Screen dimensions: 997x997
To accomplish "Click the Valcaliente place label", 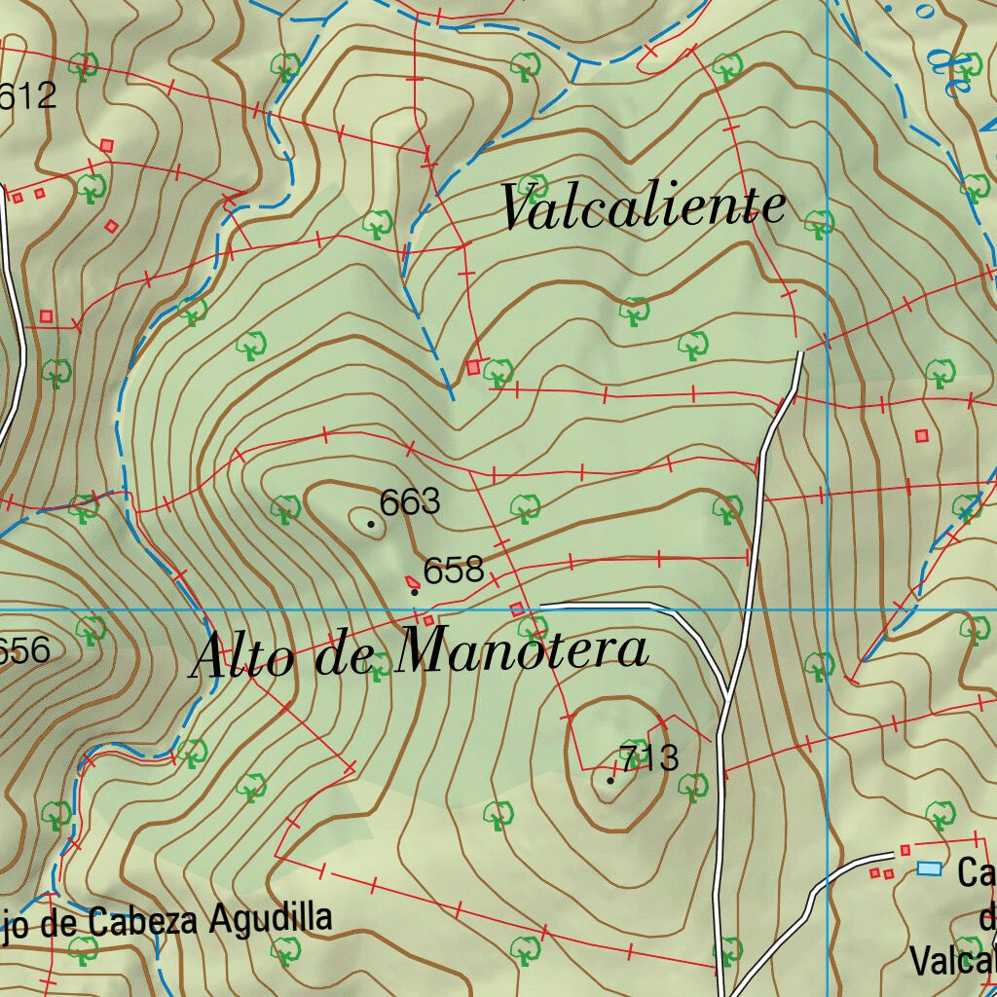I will (643, 206).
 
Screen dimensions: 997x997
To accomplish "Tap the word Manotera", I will (525, 650).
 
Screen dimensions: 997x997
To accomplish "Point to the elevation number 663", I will (410, 502).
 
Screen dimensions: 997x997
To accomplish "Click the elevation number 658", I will (454, 570).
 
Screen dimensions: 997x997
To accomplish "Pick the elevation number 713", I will (649, 757).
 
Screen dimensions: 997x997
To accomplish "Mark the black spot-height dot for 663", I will (371, 524).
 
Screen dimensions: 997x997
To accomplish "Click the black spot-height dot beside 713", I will (610, 780).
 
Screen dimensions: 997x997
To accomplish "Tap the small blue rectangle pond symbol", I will (930, 868).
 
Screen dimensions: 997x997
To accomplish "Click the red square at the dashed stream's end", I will (474, 367).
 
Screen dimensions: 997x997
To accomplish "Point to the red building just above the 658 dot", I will (412, 581).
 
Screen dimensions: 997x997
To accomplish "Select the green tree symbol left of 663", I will (285, 507).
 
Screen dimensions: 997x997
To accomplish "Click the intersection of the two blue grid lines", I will (827, 609).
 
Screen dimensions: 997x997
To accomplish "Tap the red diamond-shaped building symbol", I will (112, 226).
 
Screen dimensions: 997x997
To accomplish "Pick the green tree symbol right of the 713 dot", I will (692, 784).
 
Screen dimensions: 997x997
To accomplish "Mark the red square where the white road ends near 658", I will (517, 609).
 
